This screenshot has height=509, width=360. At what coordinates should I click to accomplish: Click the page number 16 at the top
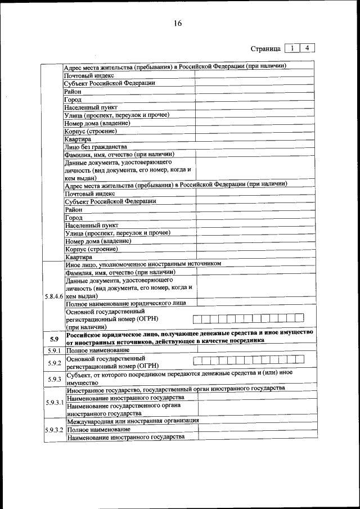(x=178, y=23)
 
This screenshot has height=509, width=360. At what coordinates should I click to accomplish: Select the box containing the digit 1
(x=292, y=48)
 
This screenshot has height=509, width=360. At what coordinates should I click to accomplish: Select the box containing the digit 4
(x=307, y=48)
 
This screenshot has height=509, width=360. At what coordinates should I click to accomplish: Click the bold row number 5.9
(x=53, y=339)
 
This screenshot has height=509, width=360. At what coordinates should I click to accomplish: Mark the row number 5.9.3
(x=53, y=379)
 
